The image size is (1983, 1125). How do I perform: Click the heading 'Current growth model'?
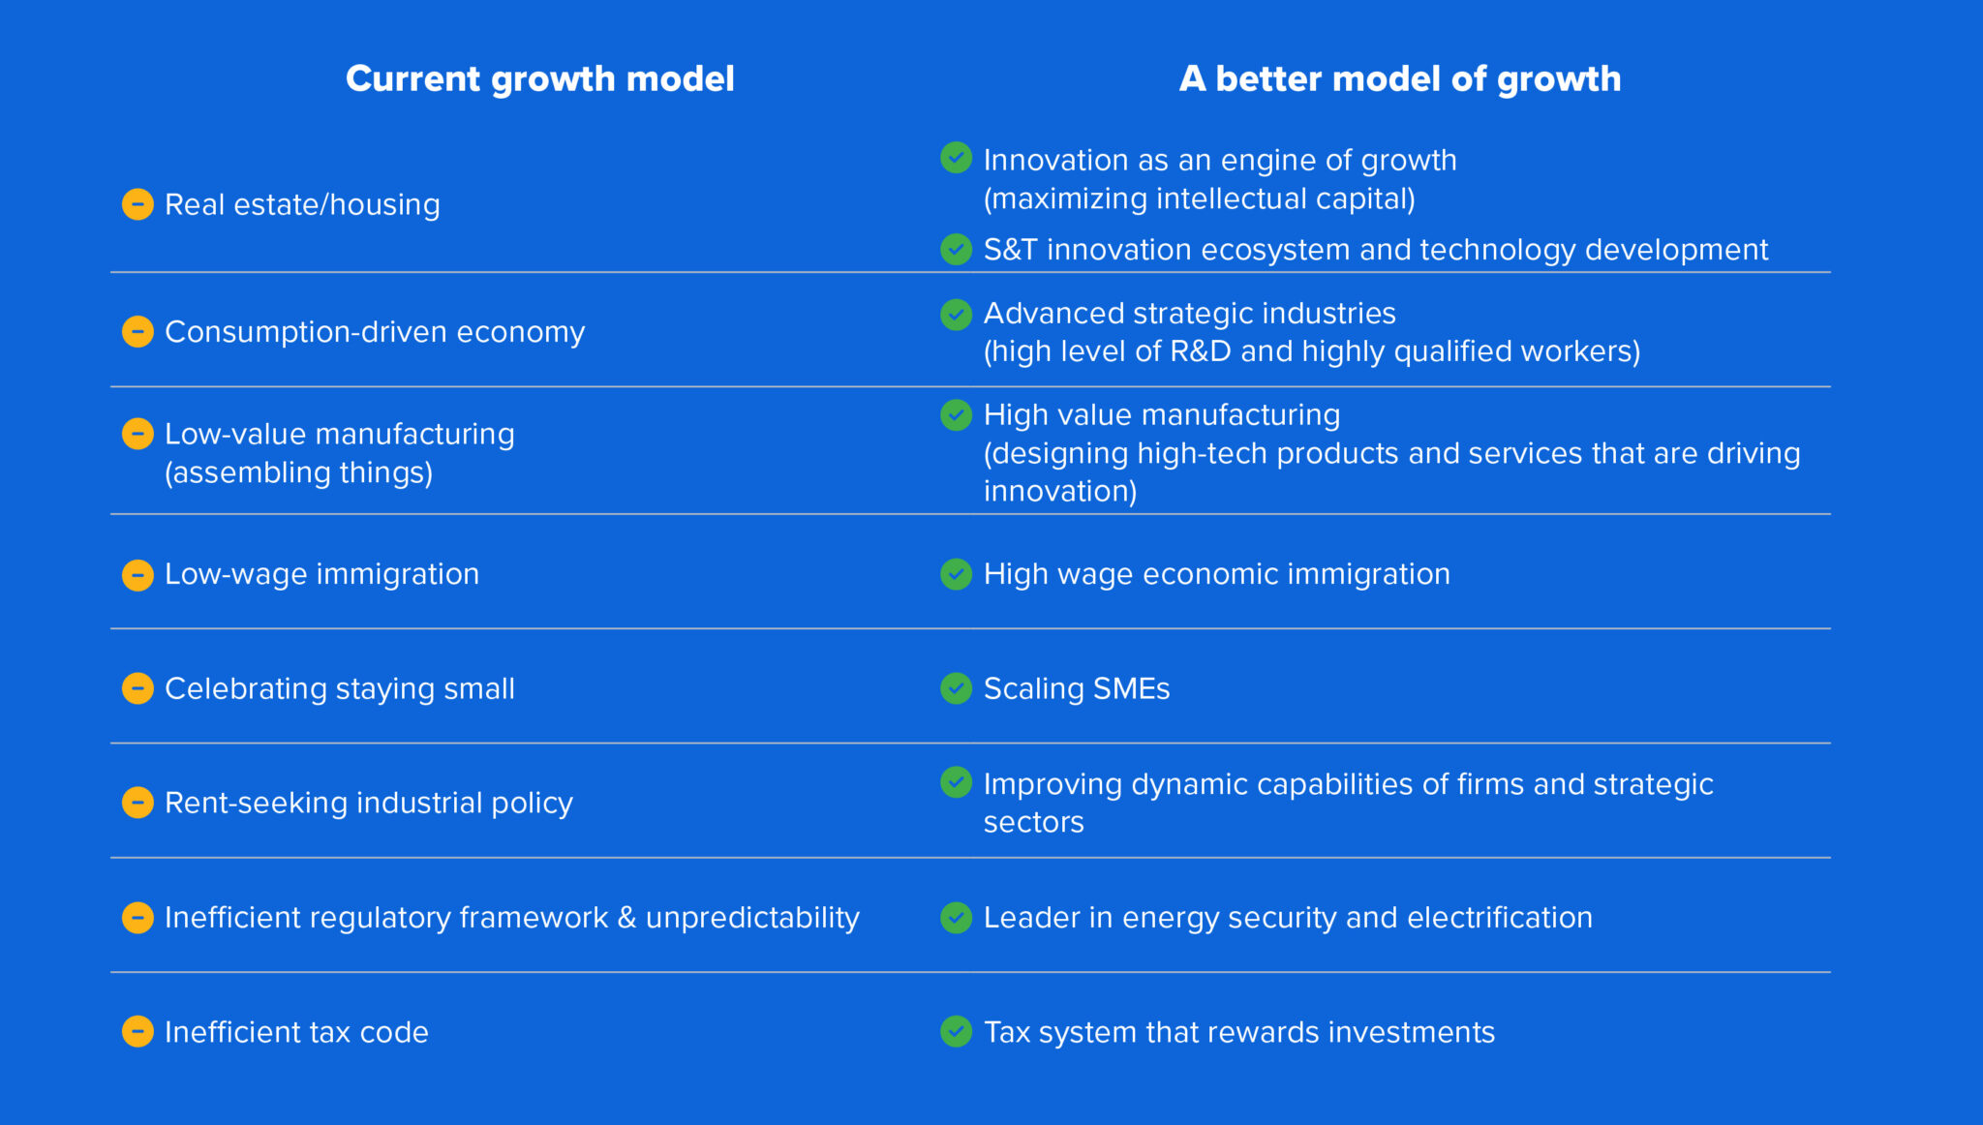pyautogui.click(x=539, y=78)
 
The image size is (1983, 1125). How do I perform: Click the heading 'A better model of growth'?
pyautogui.click(x=1399, y=78)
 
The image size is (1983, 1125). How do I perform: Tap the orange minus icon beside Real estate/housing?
pyautogui.click(x=137, y=204)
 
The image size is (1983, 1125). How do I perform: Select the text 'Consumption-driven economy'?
pyautogui.click(x=374, y=332)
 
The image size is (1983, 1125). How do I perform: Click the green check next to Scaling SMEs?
pyautogui.click(x=956, y=688)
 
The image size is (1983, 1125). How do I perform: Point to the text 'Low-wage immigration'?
pyautogui.click(x=321, y=574)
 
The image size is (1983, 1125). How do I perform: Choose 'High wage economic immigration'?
pyautogui.click(x=1216, y=574)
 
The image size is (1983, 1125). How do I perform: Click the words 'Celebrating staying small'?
pyautogui.click(x=339, y=688)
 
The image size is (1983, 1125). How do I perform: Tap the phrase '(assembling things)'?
pyautogui.click(x=298, y=472)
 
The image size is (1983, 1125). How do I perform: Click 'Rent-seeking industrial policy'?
pyautogui.click(x=368, y=803)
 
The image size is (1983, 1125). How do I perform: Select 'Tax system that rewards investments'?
pyautogui.click(x=1238, y=1032)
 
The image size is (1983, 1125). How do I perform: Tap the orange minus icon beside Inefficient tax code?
pyautogui.click(x=137, y=1031)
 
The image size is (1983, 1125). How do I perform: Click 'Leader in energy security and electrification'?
pyautogui.click(x=1287, y=918)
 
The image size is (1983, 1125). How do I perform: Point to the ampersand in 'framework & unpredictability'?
pyautogui.click(x=626, y=918)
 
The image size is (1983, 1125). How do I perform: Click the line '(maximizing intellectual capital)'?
pyautogui.click(x=1199, y=198)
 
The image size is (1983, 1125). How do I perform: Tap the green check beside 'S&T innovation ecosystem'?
pyautogui.click(x=956, y=249)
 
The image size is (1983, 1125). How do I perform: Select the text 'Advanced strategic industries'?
pyautogui.click(x=1189, y=314)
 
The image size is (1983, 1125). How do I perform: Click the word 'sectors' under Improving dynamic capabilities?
pyautogui.click(x=1033, y=822)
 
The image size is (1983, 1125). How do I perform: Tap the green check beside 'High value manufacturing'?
pyautogui.click(x=956, y=415)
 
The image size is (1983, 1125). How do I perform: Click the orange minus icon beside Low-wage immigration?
pyautogui.click(x=137, y=574)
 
